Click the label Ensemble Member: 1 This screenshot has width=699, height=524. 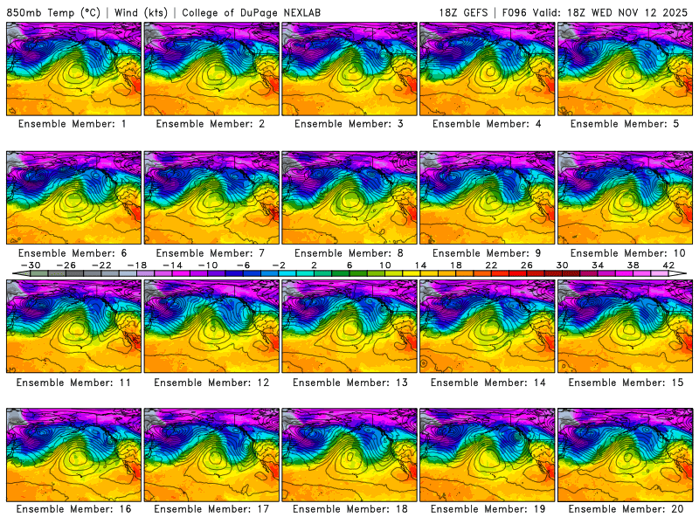73,124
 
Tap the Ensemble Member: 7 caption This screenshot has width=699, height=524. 211,252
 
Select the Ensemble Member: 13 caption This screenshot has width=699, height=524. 349,382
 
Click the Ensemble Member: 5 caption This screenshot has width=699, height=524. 626,124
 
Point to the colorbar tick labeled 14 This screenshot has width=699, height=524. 419,265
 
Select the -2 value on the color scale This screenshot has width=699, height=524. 278,265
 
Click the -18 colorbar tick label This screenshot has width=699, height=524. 136,265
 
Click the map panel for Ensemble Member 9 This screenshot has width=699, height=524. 488,197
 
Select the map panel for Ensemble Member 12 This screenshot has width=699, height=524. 211,326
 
